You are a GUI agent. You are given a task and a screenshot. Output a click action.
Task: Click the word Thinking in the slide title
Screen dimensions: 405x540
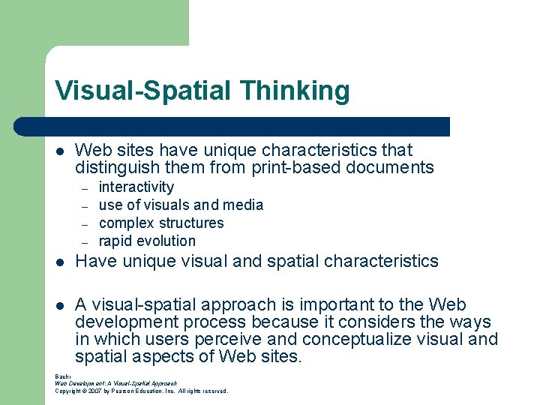coord(295,91)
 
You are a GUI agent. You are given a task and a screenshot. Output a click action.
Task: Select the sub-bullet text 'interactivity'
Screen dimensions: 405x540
coord(136,187)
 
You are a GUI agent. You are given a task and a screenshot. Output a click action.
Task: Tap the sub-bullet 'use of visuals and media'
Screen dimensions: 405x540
coord(181,205)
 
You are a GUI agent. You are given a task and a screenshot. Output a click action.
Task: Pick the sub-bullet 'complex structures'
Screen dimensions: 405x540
coord(161,223)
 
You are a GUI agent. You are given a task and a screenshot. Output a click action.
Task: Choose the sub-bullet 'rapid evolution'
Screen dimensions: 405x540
coord(147,241)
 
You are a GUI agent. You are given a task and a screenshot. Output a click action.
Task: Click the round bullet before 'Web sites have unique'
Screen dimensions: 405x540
coord(60,151)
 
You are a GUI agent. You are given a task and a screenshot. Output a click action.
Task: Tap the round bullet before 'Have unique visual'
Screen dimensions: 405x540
coord(60,262)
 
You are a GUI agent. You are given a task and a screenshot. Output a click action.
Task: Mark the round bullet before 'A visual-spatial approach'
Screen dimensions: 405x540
coord(60,306)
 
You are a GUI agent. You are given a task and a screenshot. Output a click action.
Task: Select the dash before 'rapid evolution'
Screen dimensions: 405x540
coord(85,242)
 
